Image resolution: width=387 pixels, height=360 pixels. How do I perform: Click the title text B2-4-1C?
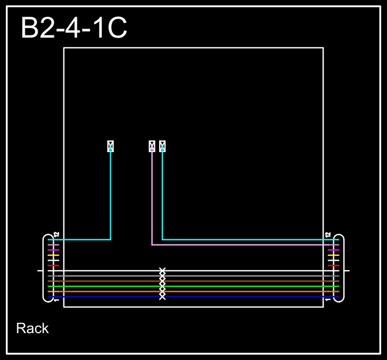74,28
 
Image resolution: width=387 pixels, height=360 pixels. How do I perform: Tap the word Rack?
32,328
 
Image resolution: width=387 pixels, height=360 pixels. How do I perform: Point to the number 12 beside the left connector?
56,235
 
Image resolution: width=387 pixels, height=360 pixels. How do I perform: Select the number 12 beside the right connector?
328,235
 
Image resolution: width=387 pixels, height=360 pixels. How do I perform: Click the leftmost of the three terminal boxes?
111,146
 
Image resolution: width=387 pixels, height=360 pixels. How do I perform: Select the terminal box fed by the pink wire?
152,146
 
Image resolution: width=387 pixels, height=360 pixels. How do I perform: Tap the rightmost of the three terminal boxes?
162,146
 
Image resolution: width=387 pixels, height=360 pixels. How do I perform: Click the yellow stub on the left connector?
53,255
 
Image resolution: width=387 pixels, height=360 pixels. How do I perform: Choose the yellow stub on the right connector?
333,255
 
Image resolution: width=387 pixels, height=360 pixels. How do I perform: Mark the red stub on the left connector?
53,265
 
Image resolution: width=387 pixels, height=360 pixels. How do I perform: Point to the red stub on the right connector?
333,265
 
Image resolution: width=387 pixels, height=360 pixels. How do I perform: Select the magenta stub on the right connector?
333,250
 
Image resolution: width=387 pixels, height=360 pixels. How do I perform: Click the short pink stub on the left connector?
53,245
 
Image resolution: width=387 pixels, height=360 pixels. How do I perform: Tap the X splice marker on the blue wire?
162,297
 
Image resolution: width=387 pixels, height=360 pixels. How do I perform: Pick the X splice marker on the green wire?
162,286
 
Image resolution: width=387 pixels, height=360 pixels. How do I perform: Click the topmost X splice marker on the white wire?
162,271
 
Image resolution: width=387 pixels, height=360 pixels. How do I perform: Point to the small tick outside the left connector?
40,271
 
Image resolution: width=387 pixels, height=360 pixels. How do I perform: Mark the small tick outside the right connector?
347,271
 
